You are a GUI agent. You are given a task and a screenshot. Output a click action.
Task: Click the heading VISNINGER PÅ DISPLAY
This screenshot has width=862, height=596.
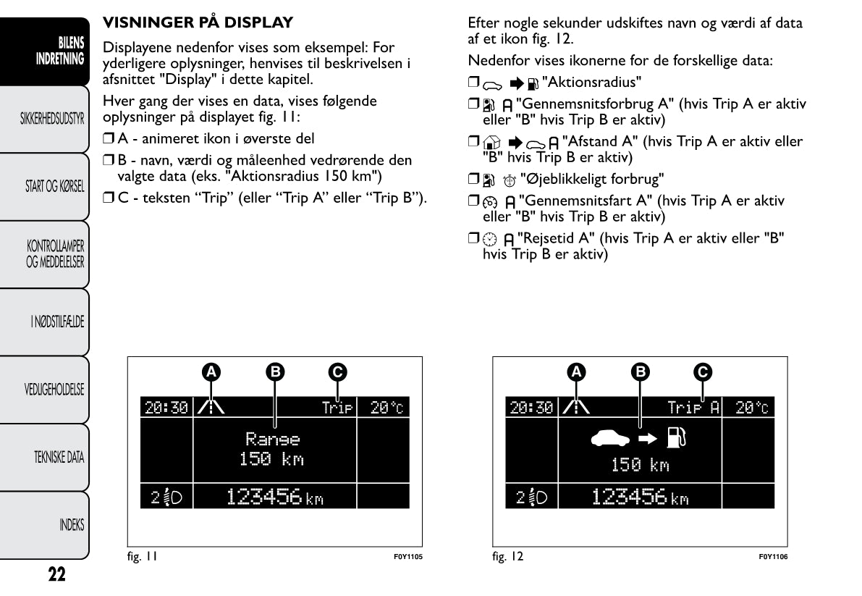(x=198, y=22)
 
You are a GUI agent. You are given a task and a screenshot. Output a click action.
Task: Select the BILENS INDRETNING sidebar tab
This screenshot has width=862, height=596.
(x=44, y=51)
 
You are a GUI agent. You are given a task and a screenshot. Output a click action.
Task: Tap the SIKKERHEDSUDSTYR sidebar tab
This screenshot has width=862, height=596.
(x=44, y=119)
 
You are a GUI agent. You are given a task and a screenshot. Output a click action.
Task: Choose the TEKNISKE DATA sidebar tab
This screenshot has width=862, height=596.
(x=44, y=458)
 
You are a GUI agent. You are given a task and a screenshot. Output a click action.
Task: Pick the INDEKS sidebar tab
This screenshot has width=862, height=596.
(x=44, y=525)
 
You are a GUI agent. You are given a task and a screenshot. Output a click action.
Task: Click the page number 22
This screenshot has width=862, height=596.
(x=56, y=574)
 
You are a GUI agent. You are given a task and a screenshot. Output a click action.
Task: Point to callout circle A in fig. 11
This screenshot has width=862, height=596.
(x=211, y=372)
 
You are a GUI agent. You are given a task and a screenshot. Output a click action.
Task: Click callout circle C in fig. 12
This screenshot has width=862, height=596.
(x=703, y=372)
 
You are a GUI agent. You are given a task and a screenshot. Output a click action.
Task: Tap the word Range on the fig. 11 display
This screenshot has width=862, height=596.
(x=273, y=440)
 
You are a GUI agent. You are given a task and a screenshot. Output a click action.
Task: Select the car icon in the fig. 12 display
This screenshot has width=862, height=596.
(x=610, y=438)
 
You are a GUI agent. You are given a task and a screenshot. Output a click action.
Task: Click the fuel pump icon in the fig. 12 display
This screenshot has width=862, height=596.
(x=676, y=437)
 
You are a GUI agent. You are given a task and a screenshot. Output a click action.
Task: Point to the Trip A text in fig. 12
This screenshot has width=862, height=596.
(x=693, y=408)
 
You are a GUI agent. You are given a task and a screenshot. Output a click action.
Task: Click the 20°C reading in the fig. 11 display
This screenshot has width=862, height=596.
(x=386, y=408)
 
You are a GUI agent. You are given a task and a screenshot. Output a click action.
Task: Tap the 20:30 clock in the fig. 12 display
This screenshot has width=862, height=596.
(x=531, y=408)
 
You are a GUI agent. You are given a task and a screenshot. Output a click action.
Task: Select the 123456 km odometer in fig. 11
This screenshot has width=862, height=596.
(x=275, y=497)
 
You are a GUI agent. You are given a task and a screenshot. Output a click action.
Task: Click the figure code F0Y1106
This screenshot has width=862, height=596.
(x=773, y=557)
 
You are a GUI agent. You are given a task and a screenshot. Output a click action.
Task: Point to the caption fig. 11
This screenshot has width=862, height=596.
(x=143, y=556)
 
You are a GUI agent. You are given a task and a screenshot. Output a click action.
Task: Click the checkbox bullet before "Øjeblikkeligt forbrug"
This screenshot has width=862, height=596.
(x=473, y=178)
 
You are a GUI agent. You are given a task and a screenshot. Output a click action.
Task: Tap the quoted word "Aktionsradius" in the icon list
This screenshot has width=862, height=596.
(x=591, y=83)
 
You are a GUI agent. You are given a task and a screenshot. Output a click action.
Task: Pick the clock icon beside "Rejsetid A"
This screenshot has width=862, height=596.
(x=489, y=239)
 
